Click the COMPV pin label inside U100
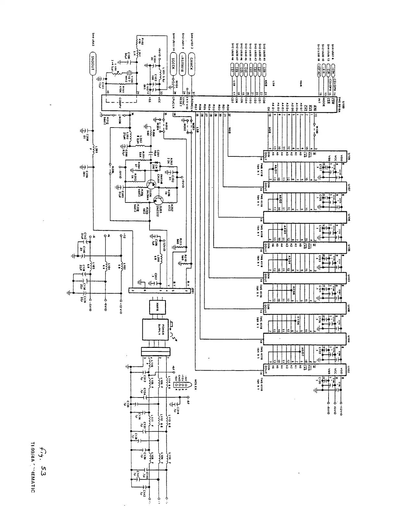pos(120,101)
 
